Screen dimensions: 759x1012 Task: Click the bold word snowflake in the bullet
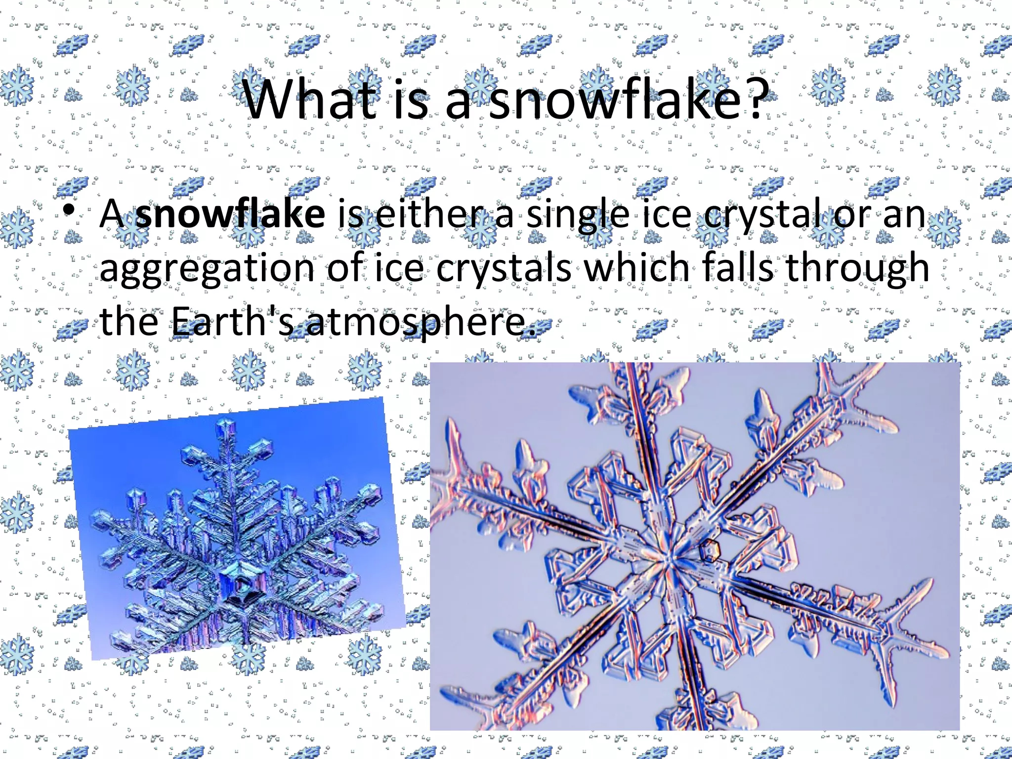pos(230,214)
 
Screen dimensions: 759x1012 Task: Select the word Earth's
pos(232,321)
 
